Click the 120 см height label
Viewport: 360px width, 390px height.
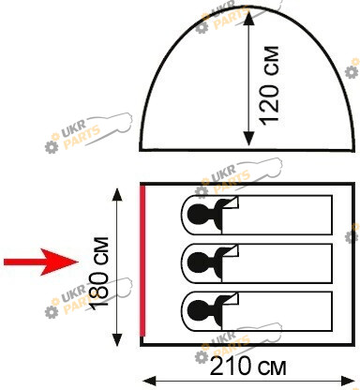click(270, 86)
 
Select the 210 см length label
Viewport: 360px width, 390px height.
click(247, 367)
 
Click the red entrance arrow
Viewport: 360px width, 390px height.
click(41, 262)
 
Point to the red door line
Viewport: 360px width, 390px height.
click(142, 261)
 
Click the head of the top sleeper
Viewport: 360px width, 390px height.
click(197, 215)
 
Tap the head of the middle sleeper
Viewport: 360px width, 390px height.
click(197, 262)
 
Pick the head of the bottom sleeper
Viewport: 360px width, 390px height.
click(197, 311)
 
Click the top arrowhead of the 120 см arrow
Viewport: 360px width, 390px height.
click(248, 19)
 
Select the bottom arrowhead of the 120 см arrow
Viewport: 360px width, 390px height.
click(248, 139)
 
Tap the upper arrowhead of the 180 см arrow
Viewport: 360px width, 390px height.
click(117, 194)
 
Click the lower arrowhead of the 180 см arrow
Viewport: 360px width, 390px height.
click(117, 339)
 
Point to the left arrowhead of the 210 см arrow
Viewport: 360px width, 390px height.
click(149, 382)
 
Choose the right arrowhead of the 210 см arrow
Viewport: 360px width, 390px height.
click(348, 382)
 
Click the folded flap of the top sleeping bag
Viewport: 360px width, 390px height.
click(232, 202)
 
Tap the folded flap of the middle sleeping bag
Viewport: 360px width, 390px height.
click(232, 251)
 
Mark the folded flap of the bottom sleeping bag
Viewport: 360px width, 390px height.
click(232, 299)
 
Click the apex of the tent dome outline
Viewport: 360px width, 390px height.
click(247, 7)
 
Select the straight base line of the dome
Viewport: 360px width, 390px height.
click(247, 150)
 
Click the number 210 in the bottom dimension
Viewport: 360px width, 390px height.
click(231, 367)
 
